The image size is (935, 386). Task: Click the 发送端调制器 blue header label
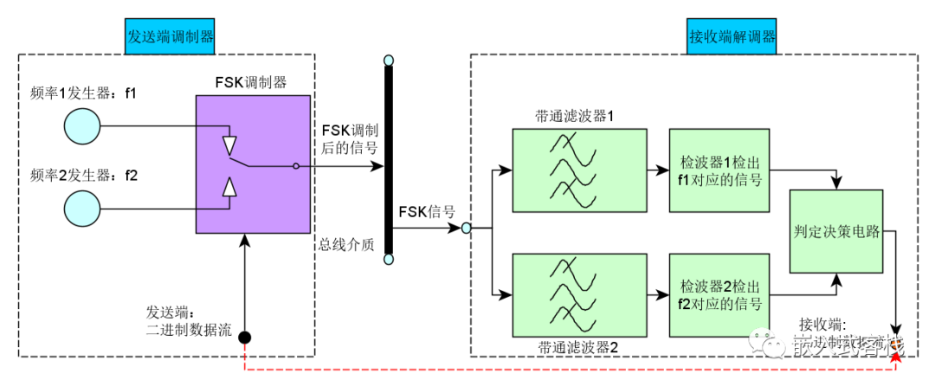coord(171,37)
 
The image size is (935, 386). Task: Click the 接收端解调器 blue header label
coord(732,37)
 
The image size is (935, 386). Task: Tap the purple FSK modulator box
coord(253,164)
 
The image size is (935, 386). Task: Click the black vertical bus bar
coord(389,160)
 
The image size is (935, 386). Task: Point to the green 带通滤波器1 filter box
coord(579,170)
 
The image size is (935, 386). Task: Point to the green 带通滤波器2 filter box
coord(579,293)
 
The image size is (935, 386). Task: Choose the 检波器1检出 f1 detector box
coord(720,170)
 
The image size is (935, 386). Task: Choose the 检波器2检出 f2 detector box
coord(720,293)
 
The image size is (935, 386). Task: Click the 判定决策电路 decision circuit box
coord(836,231)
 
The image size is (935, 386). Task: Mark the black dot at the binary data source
coord(245,337)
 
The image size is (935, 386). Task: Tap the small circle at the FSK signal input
coord(466,228)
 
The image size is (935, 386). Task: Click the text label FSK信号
coord(427,210)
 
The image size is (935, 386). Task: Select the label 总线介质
coord(345,245)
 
